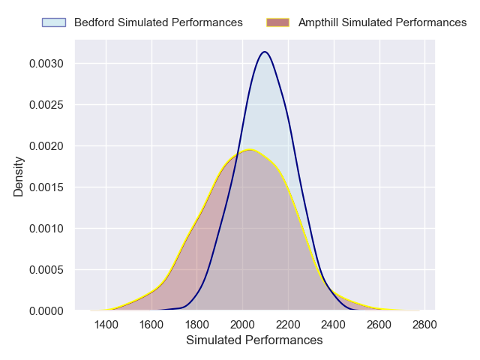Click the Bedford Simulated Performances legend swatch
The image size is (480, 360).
[x=54, y=22]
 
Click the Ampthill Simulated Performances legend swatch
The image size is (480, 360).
[x=278, y=22]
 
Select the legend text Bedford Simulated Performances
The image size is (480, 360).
[x=158, y=22]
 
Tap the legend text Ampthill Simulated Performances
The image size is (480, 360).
[x=382, y=22]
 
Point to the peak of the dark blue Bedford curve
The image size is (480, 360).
[x=264, y=52]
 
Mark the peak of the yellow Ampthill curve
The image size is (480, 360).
[x=249, y=150]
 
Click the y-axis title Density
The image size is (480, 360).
[x=19, y=176]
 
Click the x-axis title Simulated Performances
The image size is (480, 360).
[x=255, y=340]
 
